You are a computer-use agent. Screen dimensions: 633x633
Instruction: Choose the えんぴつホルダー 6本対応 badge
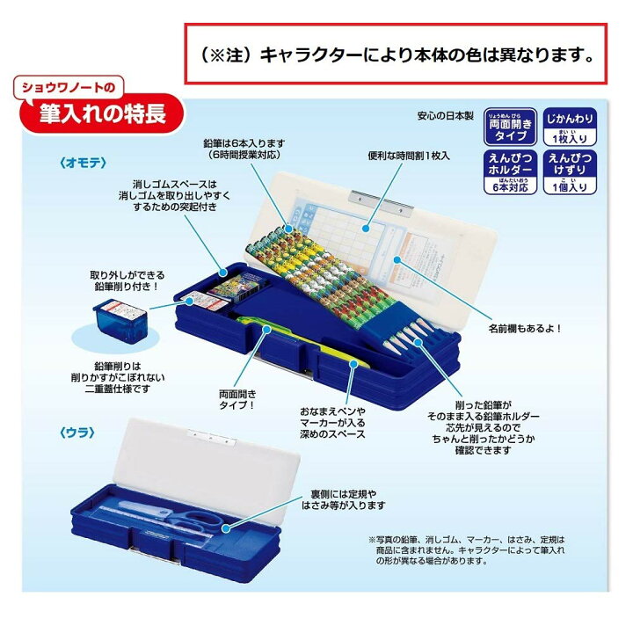point(511,172)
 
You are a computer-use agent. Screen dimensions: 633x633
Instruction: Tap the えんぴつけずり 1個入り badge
point(571,172)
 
